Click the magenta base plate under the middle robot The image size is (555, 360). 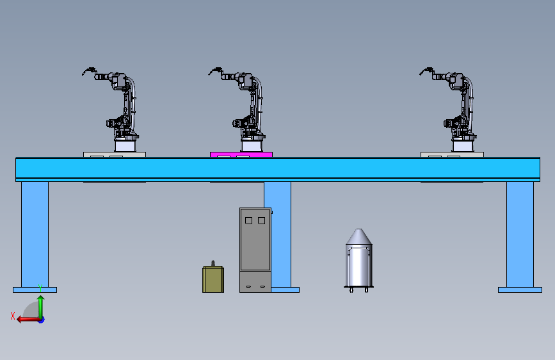(241, 154)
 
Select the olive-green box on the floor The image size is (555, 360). (213, 279)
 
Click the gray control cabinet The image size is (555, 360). (255, 250)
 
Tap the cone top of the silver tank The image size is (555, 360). (359, 236)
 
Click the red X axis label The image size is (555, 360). (13, 316)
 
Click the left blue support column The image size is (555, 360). (35, 234)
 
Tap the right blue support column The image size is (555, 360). (520, 234)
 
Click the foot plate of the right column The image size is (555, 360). (520, 290)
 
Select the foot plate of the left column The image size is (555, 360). (35, 290)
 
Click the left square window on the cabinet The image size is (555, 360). (248, 221)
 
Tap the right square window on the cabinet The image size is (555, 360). (262, 221)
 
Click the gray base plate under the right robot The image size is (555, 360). (452, 154)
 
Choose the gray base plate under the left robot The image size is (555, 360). (115, 154)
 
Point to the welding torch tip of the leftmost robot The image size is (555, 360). (83, 74)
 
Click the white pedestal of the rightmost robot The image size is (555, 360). (463, 146)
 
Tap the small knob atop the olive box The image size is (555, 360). (213, 263)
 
